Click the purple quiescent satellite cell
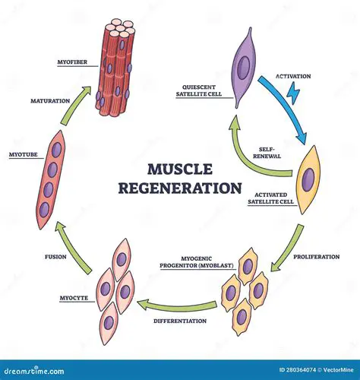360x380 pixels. click(x=242, y=69)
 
